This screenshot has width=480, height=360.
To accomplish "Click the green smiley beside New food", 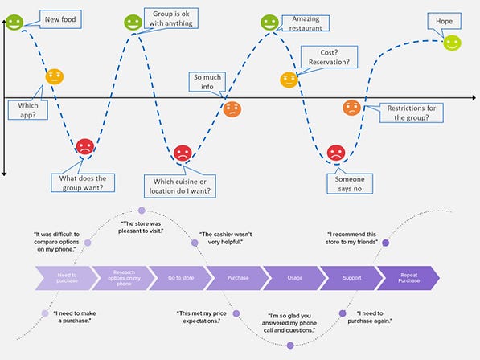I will (x=14, y=22).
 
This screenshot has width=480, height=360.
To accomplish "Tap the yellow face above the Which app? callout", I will (x=54, y=77).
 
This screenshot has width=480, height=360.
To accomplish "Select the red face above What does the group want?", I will (x=84, y=147).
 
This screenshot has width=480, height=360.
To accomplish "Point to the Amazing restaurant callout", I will (x=310, y=23).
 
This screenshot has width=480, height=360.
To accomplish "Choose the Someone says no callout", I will (x=350, y=183).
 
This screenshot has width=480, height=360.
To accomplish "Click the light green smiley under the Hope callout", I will (x=453, y=43).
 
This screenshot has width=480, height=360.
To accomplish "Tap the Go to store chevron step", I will (x=177, y=278).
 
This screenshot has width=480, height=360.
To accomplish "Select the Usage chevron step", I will (x=294, y=278).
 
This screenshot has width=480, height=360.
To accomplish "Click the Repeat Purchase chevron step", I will (x=408, y=278).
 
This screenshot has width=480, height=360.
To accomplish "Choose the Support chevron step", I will (x=351, y=278).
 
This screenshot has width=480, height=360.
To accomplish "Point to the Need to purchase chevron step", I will (x=64, y=278).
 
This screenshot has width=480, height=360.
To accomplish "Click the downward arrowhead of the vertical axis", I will (x=5, y=171).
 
